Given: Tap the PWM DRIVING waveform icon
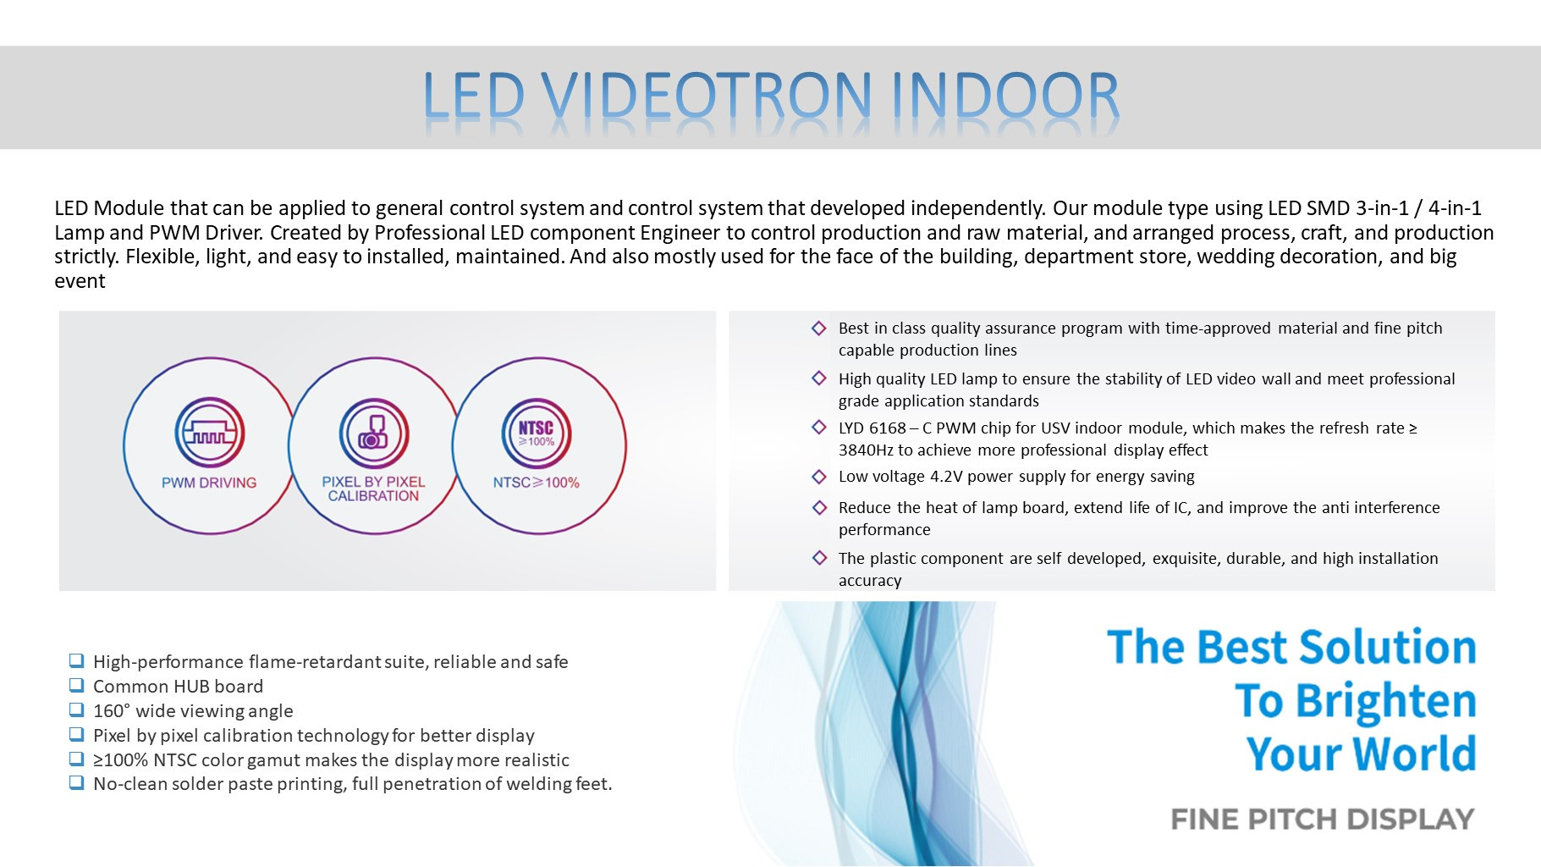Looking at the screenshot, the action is tap(210, 432).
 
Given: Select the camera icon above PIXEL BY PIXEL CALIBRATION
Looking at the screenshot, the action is tap(373, 433).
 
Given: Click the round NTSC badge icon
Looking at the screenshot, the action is tap(537, 433).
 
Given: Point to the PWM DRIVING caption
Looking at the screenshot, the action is tap(209, 483).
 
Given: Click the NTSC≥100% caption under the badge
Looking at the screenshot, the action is tap(537, 483).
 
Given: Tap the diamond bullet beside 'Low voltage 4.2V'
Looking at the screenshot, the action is tap(819, 477).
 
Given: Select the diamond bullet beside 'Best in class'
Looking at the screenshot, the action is tap(819, 329).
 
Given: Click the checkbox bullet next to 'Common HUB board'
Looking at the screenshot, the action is tap(77, 685).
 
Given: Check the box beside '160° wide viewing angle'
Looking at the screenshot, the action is tap(77, 710).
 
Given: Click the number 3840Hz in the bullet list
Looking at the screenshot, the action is tap(866, 450).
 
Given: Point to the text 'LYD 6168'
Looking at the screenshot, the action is tap(872, 428).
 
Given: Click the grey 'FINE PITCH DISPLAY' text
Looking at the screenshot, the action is tap(1323, 820).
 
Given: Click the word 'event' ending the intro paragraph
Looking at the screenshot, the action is tap(80, 281).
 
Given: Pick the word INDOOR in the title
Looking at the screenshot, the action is tap(1005, 95).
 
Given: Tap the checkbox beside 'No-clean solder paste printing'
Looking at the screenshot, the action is tap(77, 782).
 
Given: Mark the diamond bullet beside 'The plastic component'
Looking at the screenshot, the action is tap(819, 558).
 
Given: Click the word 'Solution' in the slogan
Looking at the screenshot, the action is tap(1388, 647).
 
